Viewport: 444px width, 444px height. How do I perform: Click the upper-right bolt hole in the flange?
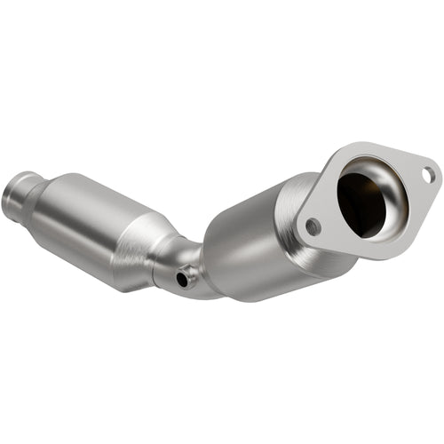(x=428, y=175)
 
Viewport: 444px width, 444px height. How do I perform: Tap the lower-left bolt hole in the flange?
(x=313, y=226)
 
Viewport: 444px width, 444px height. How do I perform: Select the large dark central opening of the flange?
(x=364, y=201)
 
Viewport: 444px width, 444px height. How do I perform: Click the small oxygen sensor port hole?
(x=182, y=279)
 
